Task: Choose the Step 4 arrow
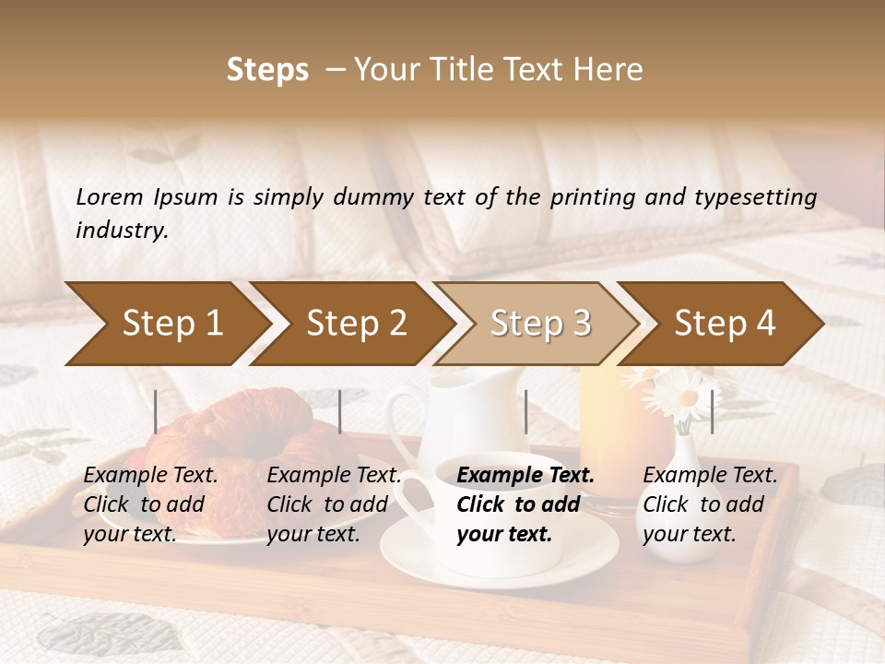pos(724,324)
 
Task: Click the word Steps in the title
pos(267,70)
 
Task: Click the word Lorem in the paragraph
pos(110,196)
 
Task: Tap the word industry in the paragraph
pos(122,231)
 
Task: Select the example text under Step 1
pos(151,504)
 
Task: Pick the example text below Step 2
pos(334,504)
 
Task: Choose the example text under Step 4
pos(710,504)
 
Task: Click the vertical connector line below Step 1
pos(156,411)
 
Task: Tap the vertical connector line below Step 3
pos(525,411)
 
